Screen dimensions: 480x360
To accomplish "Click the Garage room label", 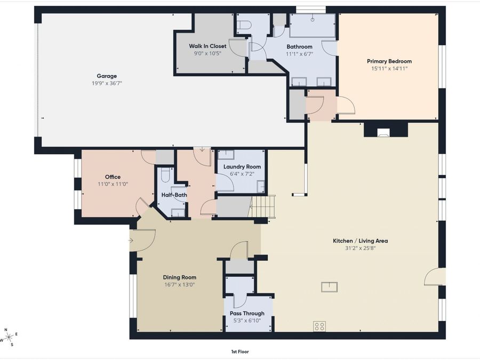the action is click(x=107, y=76).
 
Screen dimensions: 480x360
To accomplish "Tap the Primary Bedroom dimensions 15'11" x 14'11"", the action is click(x=389, y=69).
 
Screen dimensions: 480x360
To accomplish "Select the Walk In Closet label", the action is click(x=207, y=46).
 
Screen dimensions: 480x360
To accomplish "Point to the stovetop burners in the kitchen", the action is click(x=319, y=326).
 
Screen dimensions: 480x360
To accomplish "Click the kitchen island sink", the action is click(x=330, y=287).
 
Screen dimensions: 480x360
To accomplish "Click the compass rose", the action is click(x=9, y=338).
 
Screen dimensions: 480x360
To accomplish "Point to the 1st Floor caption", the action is click(x=240, y=352).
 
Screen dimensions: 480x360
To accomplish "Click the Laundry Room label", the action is click(x=242, y=167).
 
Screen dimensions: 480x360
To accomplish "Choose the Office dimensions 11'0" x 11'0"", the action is click(x=113, y=185).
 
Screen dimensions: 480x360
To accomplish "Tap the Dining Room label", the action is click(x=179, y=277).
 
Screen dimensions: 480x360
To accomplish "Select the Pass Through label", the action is click(x=247, y=314).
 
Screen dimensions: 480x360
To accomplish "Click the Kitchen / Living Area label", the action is click(x=361, y=241).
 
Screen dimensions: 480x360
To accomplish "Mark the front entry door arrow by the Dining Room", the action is click(x=131, y=241).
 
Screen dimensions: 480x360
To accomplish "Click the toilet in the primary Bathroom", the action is click(x=244, y=25).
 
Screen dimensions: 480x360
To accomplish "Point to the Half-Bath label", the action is click(x=174, y=195).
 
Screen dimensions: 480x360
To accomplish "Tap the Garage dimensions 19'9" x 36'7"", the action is click(x=107, y=83).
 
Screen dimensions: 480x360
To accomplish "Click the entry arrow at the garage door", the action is click(x=202, y=150).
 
